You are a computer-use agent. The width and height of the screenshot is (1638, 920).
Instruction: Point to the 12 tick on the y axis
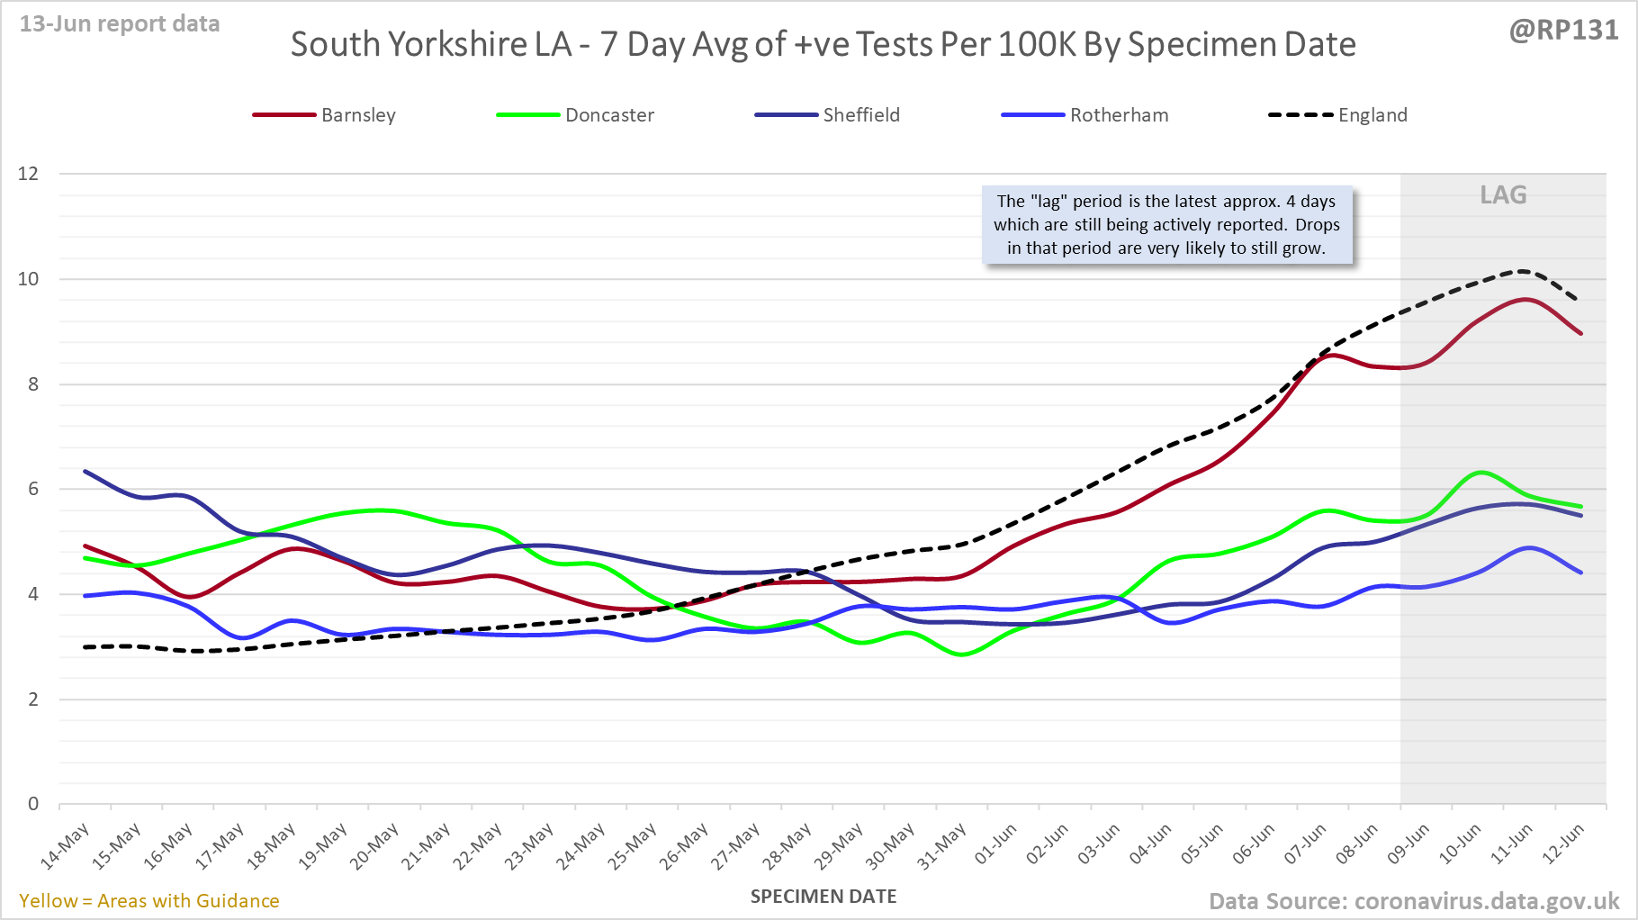point(29,174)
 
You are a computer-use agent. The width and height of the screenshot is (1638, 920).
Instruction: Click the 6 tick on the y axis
point(33,489)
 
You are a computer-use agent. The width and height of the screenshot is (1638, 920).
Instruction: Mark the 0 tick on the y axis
point(33,804)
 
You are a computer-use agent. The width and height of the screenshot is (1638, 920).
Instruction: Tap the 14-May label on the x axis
point(66,845)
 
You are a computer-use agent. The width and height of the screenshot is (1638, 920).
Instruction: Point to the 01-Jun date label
point(995,844)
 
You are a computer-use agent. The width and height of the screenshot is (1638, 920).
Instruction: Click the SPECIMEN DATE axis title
point(823,897)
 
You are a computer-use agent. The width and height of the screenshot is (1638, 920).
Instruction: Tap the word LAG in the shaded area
point(1503,195)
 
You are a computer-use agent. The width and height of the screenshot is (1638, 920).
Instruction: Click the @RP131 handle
point(1563,30)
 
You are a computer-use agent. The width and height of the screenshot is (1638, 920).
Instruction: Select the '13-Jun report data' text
point(120,24)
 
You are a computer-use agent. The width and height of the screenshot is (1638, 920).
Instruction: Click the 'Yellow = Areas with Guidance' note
point(149,901)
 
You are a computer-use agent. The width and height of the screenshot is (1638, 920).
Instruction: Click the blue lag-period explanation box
point(1166,225)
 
